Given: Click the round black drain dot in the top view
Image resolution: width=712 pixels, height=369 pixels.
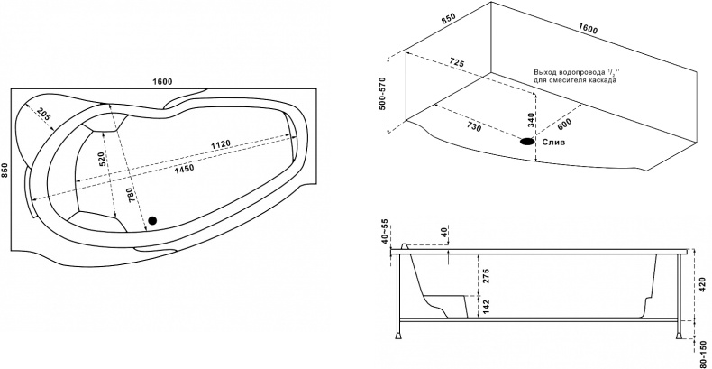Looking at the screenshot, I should pos(151,220).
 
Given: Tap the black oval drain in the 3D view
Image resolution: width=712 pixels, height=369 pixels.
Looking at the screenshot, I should pos(526,141).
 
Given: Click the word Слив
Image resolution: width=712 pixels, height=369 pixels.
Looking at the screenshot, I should pos(552,142).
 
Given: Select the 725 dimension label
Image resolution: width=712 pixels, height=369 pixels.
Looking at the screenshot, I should pos(455,64).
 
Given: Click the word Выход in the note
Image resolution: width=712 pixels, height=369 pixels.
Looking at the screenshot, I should pos(544,72).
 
